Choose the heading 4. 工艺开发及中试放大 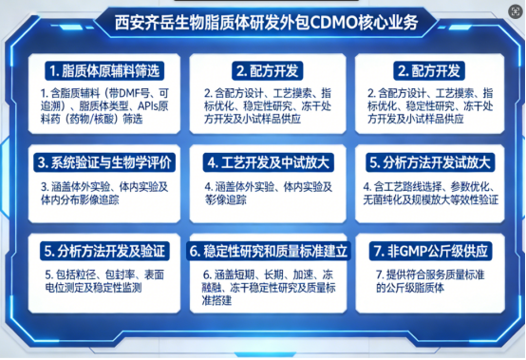click(x=262, y=161)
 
